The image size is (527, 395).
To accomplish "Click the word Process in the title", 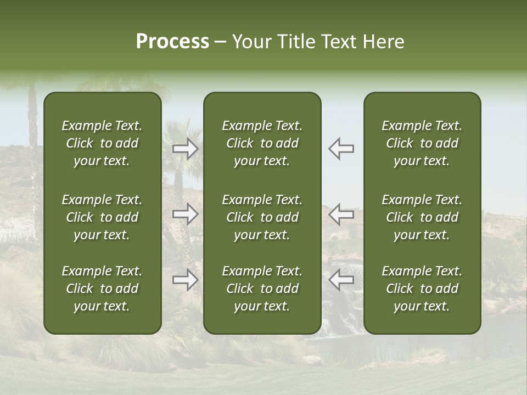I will tap(172, 42).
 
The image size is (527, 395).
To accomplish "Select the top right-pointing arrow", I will tap(186, 149).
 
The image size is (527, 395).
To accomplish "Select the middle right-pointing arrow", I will tap(186, 214).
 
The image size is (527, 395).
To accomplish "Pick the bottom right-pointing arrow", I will tap(186, 280).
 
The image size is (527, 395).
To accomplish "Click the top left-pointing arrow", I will tap(341, 149).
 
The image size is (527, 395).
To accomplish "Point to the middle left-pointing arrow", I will tap(341, 214).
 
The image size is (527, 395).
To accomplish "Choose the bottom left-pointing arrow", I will tap(341, 280).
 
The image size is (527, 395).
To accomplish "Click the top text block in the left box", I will tap(102, 143).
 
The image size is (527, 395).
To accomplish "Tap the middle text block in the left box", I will tap(102, 217).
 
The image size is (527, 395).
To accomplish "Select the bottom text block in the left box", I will tap(102, 289).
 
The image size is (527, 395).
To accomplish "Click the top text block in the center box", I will tap(262, 143).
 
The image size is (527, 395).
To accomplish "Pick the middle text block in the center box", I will tap(262, 217).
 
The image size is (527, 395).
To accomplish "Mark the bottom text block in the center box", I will tap(262, 289).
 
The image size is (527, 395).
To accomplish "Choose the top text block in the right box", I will tap(422, 143).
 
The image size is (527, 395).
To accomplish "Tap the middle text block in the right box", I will tap(422, 217).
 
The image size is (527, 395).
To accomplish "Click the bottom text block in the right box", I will tap(422, 289).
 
